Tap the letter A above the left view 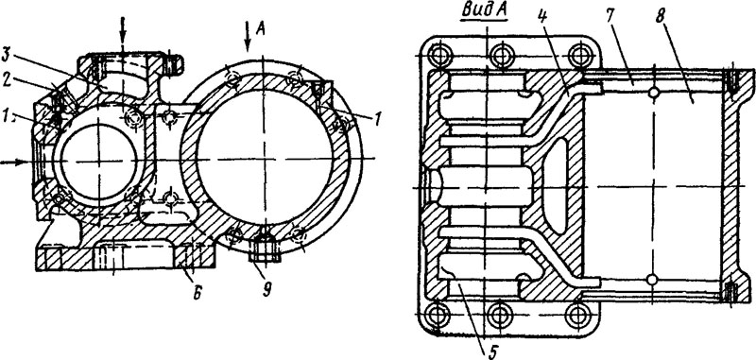(x=261, y=30)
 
